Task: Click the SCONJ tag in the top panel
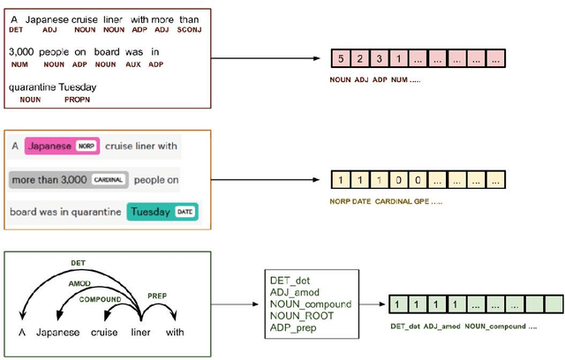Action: pos(188,29)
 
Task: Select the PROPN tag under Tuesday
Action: pos(77,100)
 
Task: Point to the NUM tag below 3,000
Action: pos(16,64)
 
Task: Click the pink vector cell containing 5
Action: pos(341,59)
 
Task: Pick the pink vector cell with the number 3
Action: pos(380,59)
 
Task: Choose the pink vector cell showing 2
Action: pos(360,59)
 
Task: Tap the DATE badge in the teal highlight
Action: pos(185,212)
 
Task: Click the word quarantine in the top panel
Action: pos(32,87)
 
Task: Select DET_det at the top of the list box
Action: pos(290,279)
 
